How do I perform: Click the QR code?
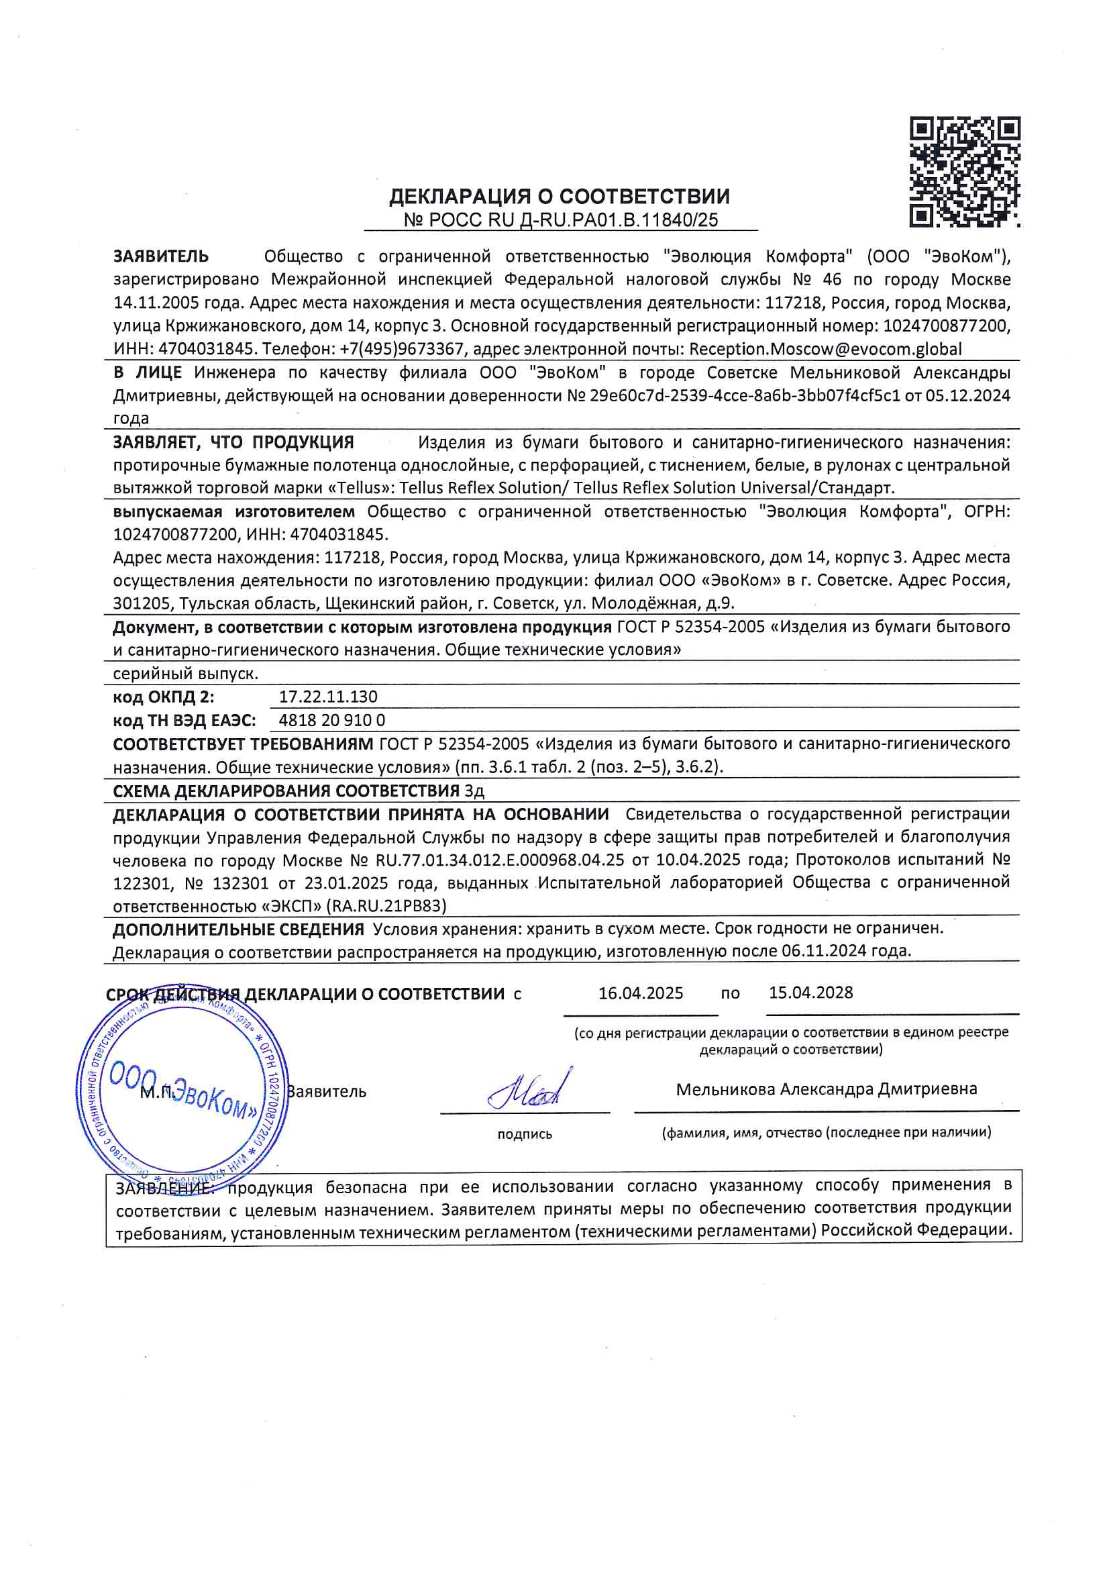tap(964, 172)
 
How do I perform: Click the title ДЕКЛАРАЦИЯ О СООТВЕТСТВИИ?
tap(560, 197)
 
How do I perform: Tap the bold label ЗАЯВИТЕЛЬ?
tap(161, 256)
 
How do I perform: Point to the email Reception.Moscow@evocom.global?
tap(825, 349)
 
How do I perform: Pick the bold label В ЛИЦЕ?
tap(148, 372)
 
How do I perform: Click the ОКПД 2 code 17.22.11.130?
tap(328, 697)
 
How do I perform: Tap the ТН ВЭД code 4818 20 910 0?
tap(332, 720)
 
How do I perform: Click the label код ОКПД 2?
tap(163, 697)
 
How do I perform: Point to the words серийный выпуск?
tap(186, 674)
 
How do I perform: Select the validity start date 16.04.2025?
tap(640, 993)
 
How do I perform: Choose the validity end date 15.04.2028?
tap(810, 993)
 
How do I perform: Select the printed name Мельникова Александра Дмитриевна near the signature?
tap(826, 1089)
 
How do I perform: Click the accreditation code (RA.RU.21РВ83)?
tap(386, 906)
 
